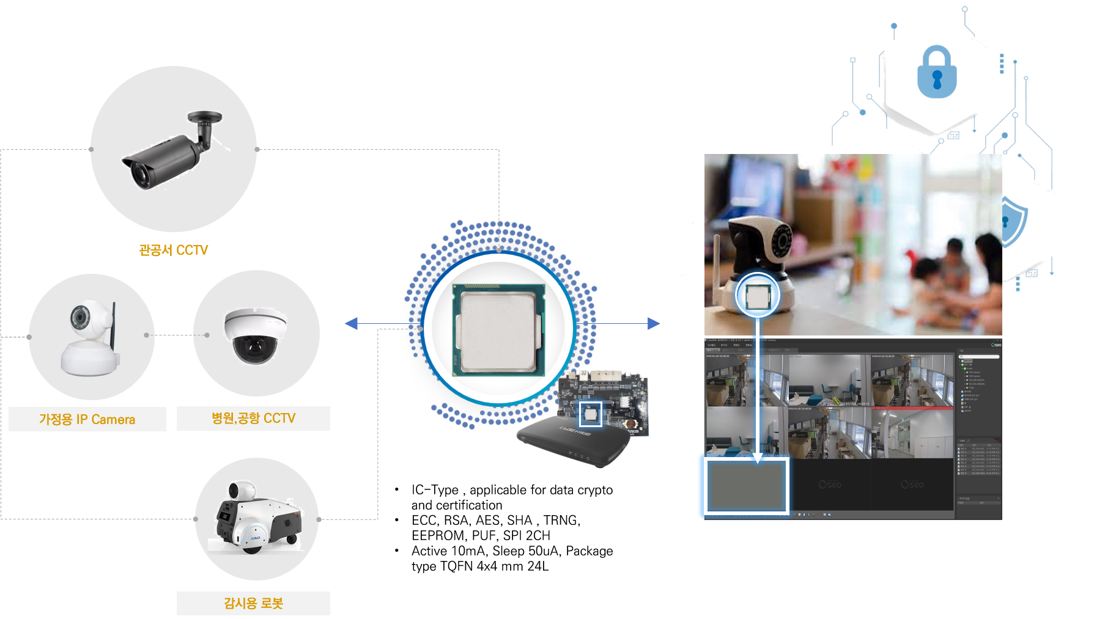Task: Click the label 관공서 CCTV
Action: click(174, 250)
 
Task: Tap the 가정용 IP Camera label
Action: click(87, 419)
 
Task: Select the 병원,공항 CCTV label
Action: click(253, 418)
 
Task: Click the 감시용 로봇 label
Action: click(253, 603)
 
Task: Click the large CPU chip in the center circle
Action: click(498, 330)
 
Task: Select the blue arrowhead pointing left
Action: click(351, 323)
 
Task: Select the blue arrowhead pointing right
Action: click(654, 323)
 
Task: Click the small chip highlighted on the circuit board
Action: click(590, 414)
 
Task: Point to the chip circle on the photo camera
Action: click(758, 295)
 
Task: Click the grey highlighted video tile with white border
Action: click(747, 485)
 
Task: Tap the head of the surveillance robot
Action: click(241, 490)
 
